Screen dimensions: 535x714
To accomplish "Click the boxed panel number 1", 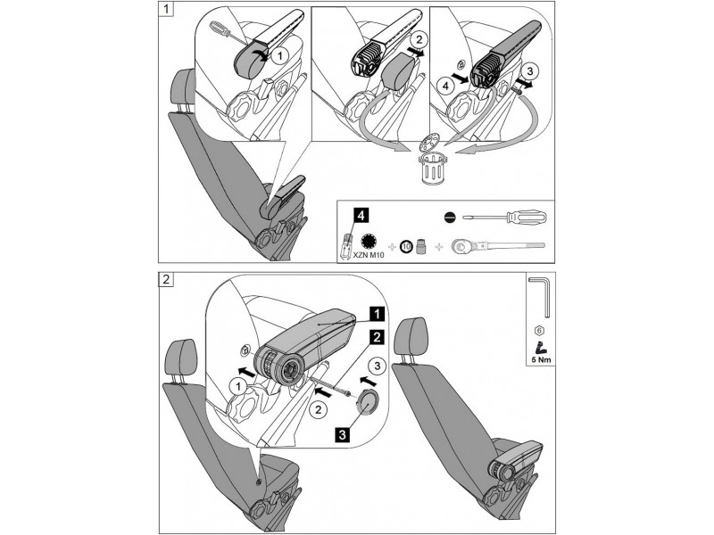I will tap(167, 12).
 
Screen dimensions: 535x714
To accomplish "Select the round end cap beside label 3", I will tap(364, 403).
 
